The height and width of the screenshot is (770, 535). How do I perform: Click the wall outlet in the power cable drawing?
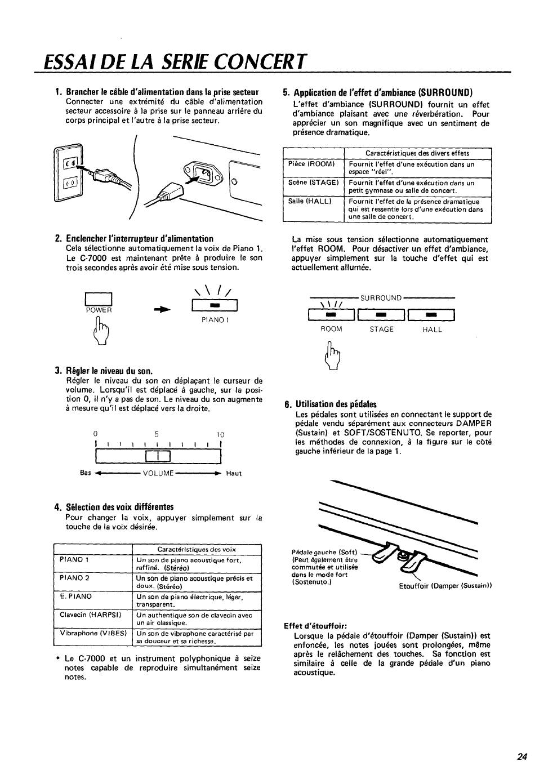coord(70,173)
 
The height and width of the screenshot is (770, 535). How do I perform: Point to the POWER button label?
coord(99,310)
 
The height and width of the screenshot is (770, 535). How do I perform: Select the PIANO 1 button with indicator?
coord(214,306)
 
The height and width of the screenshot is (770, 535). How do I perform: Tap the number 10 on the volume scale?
coord(220,434)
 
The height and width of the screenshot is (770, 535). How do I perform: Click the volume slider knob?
coord(158,457)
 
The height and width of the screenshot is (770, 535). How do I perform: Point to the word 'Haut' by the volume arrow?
coord(234,473)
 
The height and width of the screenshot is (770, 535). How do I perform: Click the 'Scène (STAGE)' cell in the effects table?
coord(313,183)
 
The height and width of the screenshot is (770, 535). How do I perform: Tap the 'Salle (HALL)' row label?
coord(310,201)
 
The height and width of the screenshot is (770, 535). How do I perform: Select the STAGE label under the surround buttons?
coord(381,330)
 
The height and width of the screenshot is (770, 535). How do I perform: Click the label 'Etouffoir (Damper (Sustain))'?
coord(445,586)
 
